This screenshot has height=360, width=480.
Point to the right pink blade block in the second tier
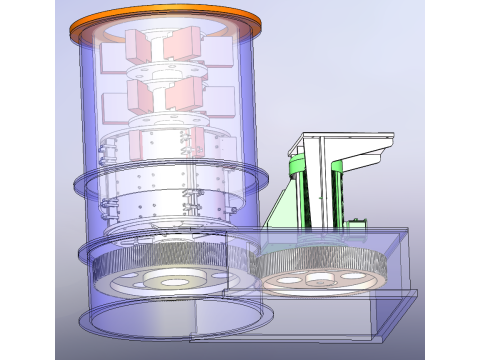184,95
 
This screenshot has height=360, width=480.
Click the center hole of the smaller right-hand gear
320,283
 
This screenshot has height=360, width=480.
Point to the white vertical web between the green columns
319,190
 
